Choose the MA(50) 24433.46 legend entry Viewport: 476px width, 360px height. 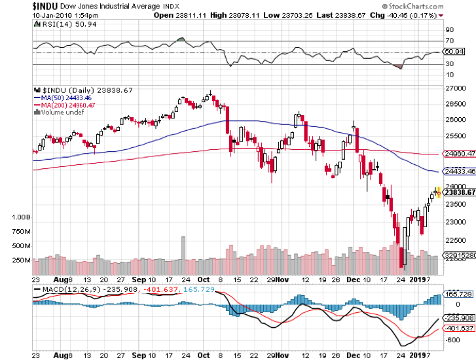coord(64,98)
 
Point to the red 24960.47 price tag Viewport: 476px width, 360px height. coord(458,154)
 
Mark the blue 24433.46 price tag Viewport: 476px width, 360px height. coord(458,172)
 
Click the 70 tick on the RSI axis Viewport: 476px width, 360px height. coord(450,41)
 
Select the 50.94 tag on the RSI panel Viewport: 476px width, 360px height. coord(454,51)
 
